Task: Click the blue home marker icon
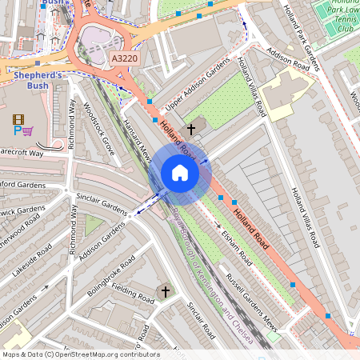click(180, 173)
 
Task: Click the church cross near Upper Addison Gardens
click(191, 128)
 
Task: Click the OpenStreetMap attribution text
click(80, 354)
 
